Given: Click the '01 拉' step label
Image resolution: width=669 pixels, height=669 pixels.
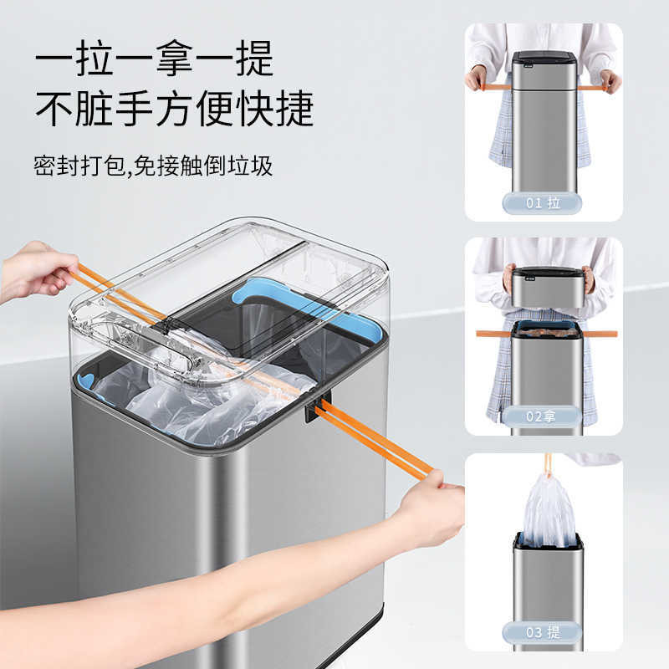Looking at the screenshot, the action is pyautogui.click(x=542, y=203).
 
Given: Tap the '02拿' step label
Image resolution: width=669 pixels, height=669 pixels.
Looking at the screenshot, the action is pyautogui.click(x=541, y=416).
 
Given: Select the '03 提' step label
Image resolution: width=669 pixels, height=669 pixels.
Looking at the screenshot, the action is pyautogui.click(x=542, y=632).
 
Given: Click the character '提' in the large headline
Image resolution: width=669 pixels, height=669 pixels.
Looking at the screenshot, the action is pyautogui.click(x=255, y=59).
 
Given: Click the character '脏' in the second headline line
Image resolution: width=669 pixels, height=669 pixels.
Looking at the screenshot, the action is pyautogui.click(x=94, y=109).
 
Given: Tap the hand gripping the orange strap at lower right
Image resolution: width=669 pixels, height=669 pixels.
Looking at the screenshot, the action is pyautogui.click(x=431, y=508).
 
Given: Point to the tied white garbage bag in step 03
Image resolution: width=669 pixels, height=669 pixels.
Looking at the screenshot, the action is pyautogui.click(x=548, y=510).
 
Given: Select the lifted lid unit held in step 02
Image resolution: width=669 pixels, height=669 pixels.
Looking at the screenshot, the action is pyautogui.click(x=548, y=287).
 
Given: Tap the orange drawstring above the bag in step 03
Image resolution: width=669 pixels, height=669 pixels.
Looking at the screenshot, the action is pyautogui.click(x=548, y=464).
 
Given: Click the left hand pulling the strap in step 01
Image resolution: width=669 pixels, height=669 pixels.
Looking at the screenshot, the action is pyautogui.click(x=477, y=79).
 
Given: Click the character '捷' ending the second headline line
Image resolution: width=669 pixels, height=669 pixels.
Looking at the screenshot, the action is pyautogui.click(x=295, y=109).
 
